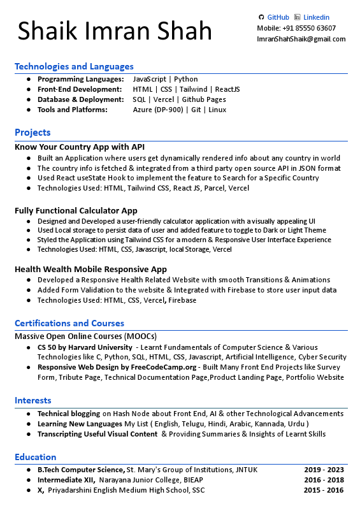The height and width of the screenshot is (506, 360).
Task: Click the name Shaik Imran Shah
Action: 115,31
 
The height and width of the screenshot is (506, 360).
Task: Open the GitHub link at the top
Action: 278,17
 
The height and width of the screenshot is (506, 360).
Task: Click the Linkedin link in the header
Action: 316,17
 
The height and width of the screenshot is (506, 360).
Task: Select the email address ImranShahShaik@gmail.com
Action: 301,39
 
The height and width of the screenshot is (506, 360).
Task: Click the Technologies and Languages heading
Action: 74,66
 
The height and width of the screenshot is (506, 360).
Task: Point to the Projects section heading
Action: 32,133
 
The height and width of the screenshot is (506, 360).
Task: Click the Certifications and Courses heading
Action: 69,323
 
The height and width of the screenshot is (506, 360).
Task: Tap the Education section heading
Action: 36,457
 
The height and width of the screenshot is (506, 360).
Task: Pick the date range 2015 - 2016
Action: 324,490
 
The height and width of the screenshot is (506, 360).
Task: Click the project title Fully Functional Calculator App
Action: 76,210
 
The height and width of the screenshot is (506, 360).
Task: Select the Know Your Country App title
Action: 80,147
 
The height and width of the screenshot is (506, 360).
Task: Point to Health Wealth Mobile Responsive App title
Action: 90,269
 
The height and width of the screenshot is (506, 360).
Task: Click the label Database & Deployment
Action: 80,99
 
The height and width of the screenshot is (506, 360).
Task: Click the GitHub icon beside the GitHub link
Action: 261,17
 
